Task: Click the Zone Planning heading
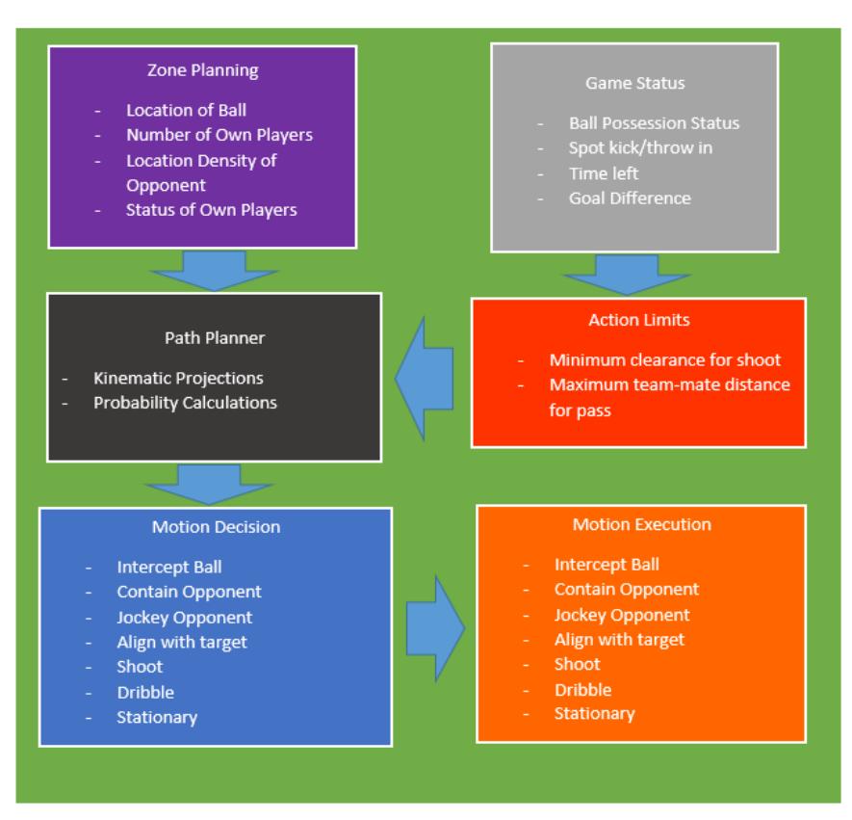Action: (203, 70)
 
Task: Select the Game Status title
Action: (634, 83)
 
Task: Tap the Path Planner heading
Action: (215, 338)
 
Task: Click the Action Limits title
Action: (639, 320)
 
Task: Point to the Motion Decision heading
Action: (216, 527)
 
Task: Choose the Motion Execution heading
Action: (642, 525)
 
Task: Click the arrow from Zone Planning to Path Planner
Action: (214, 270)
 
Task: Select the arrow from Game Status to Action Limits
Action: (627, 276)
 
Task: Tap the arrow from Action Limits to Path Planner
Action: (425, 379)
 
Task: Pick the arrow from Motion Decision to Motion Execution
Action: (436, 628)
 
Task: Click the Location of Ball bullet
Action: (187, 111)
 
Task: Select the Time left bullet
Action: (604, 173)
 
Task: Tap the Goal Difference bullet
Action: (630, 198)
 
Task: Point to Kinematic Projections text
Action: (178, 379)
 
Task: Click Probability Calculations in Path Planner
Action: (185, 403)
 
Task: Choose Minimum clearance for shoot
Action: (665, 360)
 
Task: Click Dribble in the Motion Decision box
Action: (145, 693)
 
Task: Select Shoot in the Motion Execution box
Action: (577, 665)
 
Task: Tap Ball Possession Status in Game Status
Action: (655, 123)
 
